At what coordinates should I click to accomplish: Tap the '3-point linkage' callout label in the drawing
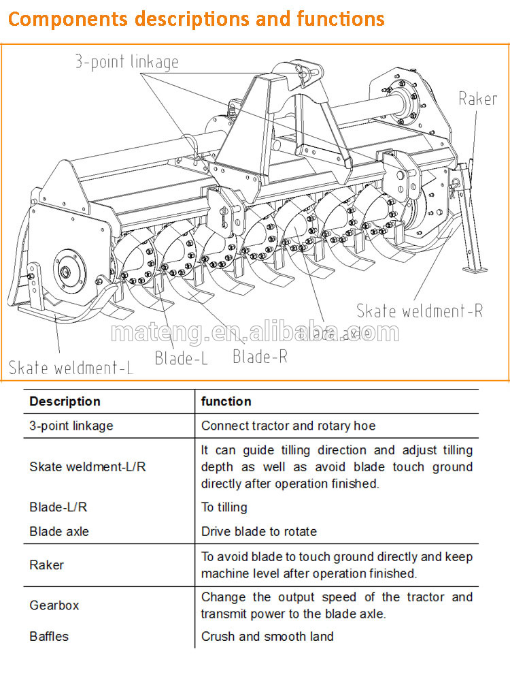126,62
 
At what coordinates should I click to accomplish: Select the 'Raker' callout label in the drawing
477,99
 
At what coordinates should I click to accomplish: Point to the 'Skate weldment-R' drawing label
420,311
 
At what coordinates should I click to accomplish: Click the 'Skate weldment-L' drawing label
71,368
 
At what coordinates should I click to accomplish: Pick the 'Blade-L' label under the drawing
181,358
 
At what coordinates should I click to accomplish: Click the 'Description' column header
65,401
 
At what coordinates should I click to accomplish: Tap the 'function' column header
226,401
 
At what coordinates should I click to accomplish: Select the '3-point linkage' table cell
71,426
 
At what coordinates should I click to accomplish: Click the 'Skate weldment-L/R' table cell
87,466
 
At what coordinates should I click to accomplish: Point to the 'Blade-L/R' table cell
58,507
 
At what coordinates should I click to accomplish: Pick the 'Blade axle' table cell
58,531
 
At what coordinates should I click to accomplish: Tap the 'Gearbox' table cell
54,605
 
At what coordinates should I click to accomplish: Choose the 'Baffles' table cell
49,637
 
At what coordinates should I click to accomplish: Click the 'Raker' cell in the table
46,565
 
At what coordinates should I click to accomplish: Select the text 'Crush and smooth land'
267,637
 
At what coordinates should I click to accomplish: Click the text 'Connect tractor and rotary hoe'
288,426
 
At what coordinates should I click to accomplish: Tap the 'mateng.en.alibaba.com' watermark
254,333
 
